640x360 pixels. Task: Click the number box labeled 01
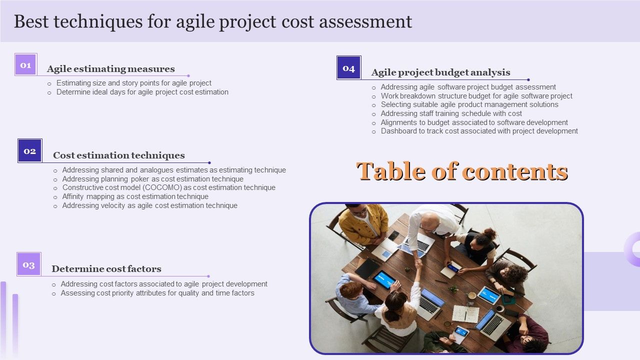click(25, 65)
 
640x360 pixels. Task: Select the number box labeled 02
click(30, 151)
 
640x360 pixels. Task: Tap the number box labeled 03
click(29, 264)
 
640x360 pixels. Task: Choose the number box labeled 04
click(348, 68)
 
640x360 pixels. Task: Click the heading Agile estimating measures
click(111, 69)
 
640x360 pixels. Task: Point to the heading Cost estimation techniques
click(119, 155)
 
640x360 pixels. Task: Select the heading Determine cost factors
click(106, 269)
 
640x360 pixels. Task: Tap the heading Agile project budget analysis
click(440, 72)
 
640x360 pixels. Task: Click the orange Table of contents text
click(462, 171)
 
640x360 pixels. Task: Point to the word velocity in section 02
click(114, 205)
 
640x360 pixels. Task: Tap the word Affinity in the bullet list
click(73, 196)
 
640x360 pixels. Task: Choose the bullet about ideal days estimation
click(142, 92)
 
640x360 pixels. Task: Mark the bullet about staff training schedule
click(451, 113)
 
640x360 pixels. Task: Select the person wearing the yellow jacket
click(363, 224)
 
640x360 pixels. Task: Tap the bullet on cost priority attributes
click(157, 293)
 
